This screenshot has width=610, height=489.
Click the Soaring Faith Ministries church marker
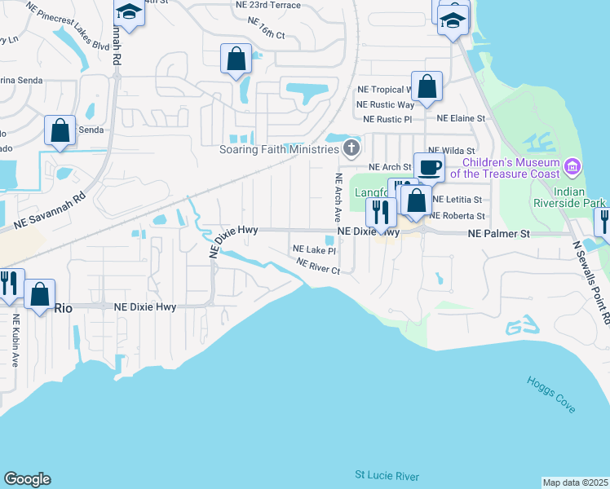tap(351, 148)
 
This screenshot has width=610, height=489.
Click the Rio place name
tap(63, 308)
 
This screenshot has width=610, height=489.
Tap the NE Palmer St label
tap(499, 234)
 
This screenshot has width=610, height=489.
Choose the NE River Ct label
tap(318, 266)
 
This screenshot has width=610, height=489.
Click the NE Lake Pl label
tap(314, 250)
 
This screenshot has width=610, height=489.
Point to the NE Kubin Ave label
tap(15, 341)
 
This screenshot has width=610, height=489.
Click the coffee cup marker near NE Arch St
tap(429, 167)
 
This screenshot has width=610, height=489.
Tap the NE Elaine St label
tap(461, 118)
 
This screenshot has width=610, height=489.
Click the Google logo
tap(27, 479)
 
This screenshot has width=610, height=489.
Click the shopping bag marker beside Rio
tap(39, 294)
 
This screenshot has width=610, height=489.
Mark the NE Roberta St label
tap(457, 216)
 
